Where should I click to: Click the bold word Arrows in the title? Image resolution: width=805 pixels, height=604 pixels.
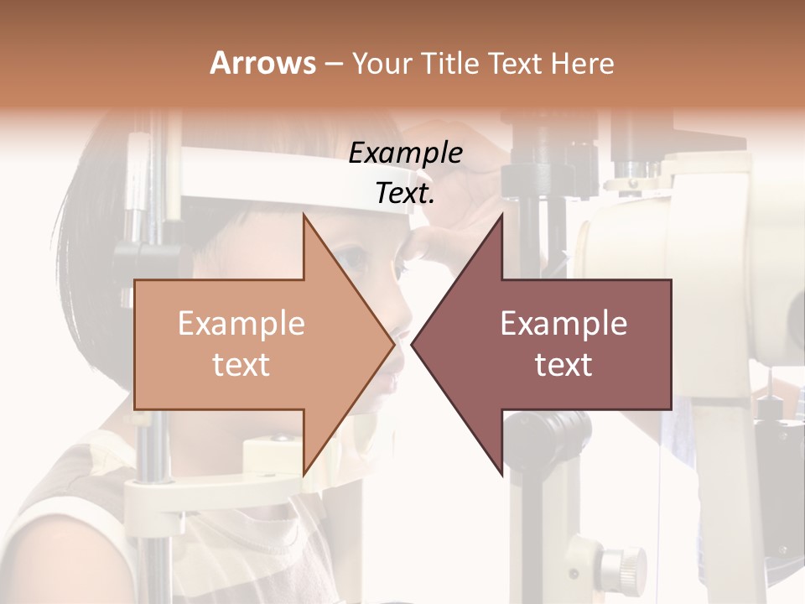[262, 63]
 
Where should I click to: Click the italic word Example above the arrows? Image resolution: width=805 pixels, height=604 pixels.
[405, 154]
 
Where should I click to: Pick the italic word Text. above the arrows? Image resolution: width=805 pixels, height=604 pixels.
[405, 194]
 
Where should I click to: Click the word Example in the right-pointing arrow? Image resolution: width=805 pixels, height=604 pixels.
[241, 324]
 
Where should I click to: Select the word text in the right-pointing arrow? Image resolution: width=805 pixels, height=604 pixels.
[241, 365]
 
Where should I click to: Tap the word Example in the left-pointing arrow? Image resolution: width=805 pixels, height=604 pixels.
[563, 324]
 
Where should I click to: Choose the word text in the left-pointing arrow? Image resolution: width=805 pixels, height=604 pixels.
[563, 365]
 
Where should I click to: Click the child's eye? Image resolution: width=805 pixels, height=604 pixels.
[356, 259]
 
